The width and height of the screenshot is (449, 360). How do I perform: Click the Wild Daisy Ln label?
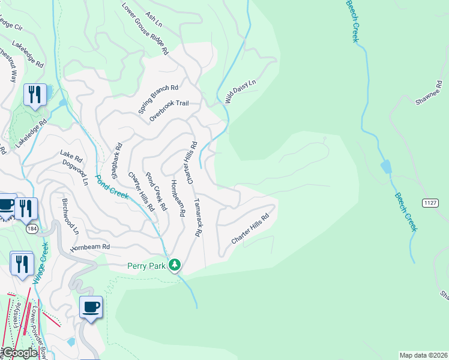tap(241, 91)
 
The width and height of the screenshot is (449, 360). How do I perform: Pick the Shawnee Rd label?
tap(430, 94)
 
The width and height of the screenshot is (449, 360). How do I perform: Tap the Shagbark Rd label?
tap(116, 161)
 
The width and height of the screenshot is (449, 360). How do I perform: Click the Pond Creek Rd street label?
tap(155, 193)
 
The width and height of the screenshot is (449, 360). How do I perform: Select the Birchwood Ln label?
tap(70, 215)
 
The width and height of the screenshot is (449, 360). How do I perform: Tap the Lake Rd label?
tap(70, 154)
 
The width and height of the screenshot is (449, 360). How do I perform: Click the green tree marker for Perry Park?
tap(175, 265)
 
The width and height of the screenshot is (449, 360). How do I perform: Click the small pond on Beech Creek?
tap(385, 166)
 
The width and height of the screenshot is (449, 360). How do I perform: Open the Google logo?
tap(19, 353)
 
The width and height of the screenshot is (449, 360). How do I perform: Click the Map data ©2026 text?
tap(423, 355)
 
